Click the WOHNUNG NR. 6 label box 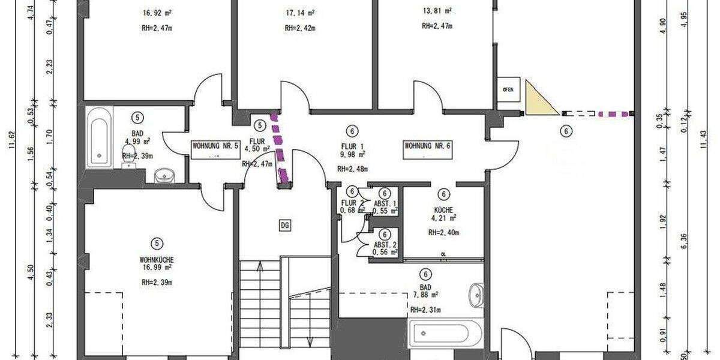[427, 146]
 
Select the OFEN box [508, 89]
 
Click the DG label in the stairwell [285, 225]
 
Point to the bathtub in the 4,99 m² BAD [99, 138]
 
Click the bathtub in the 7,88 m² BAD [446, 333]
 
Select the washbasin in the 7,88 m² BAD [476, 293]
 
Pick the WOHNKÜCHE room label [157, 260]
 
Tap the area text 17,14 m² [301, 12]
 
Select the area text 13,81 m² [437, 11]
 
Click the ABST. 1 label [385, 203]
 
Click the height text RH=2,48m [352, 169]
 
